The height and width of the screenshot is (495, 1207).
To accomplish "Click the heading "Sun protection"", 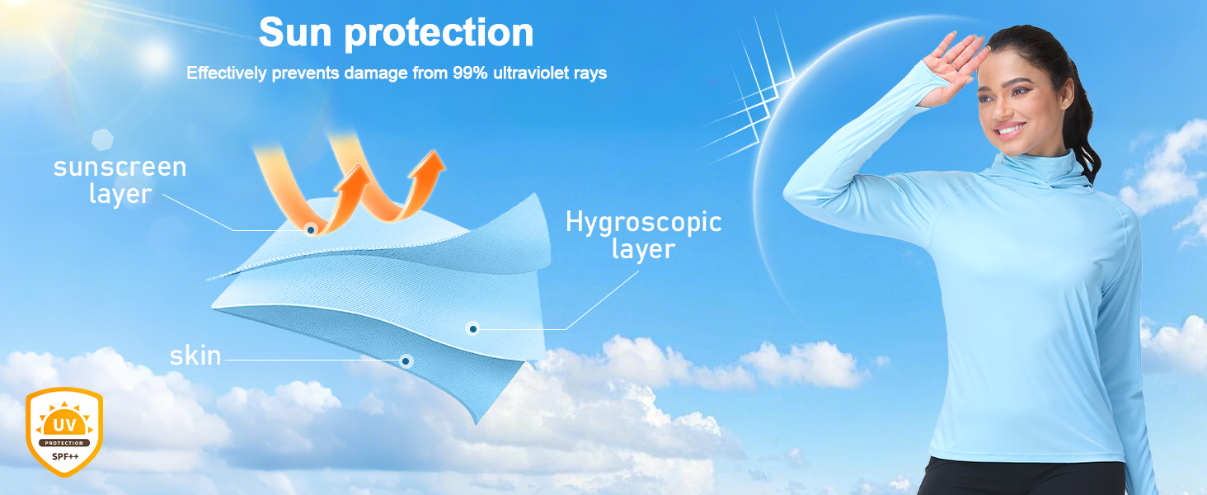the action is tap(396, 33).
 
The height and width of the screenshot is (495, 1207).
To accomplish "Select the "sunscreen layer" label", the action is tap(120, 180).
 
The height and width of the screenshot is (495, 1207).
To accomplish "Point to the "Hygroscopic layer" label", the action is tap(643, 235).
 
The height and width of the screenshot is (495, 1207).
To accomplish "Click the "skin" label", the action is tap(195, 356).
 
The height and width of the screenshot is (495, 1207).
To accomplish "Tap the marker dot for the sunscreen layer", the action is tap(310, 230).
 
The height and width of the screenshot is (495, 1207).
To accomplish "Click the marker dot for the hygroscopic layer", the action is tap(472, 328).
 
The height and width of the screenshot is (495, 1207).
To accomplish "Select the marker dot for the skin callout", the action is tap(406, 361).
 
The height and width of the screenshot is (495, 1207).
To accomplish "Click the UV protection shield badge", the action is tap(64, 431).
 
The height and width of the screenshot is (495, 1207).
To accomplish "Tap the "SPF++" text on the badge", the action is tap(65, 457).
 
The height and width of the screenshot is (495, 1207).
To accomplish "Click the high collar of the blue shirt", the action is tap(1037, 164).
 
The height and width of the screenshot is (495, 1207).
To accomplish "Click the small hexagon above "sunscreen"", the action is tap(102, 139).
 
